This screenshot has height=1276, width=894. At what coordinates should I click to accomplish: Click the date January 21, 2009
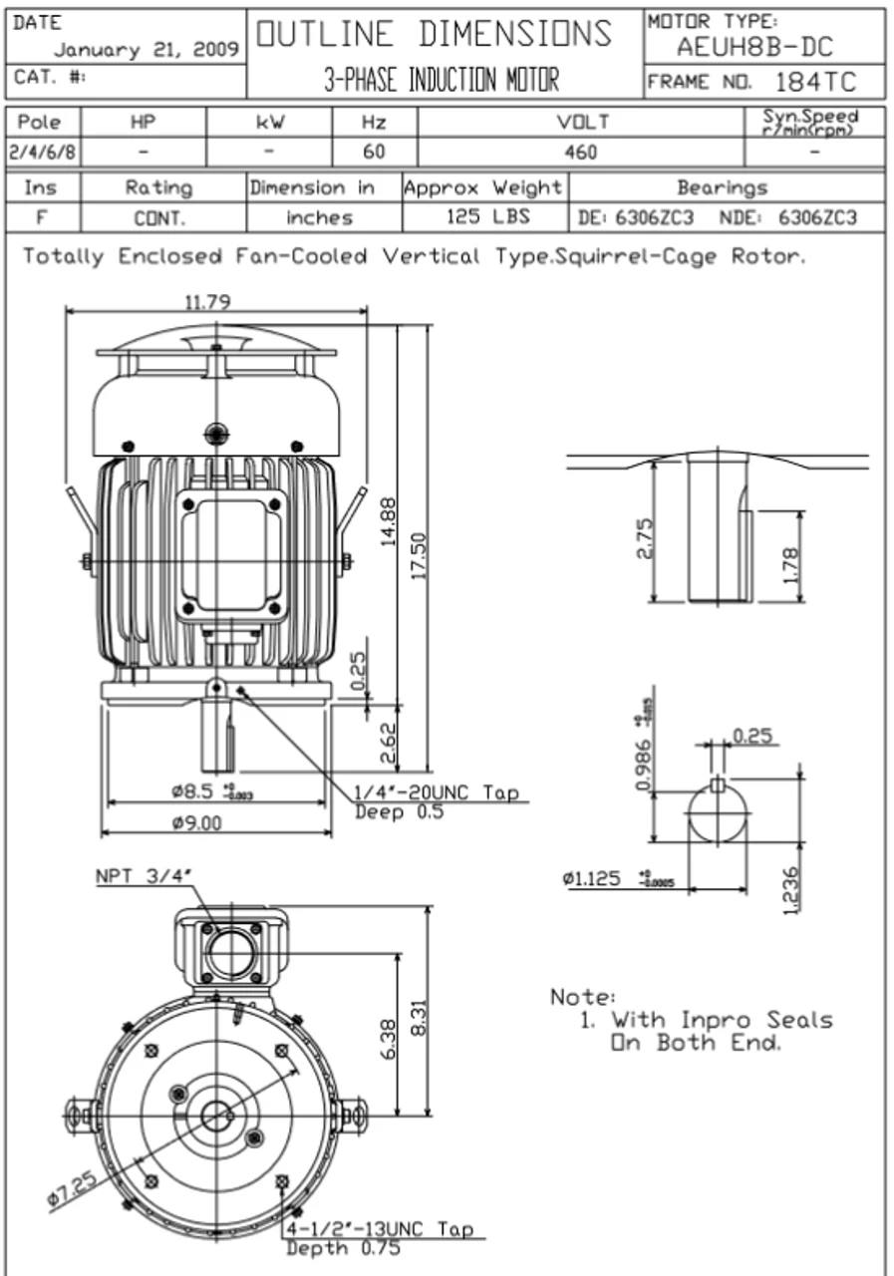point(146,48)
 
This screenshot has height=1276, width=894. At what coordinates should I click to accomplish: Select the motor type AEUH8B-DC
point(754,46)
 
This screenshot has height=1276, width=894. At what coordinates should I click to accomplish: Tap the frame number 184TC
point(814,81)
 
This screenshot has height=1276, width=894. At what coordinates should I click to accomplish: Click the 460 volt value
point(580,153)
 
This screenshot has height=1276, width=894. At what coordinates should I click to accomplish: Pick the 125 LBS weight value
point(483,217)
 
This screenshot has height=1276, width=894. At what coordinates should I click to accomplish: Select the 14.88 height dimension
point(390,521)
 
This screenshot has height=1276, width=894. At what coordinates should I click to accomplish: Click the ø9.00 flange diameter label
point(196,823)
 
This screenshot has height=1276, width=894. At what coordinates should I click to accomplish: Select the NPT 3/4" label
point(144,876)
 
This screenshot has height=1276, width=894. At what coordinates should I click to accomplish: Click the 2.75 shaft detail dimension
point(644,538)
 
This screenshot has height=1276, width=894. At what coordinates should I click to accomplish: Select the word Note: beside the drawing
point(583,997)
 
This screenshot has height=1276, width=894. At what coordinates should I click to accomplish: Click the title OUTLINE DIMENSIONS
point(435,33)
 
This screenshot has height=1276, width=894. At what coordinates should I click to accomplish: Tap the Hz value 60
point(374,153)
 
